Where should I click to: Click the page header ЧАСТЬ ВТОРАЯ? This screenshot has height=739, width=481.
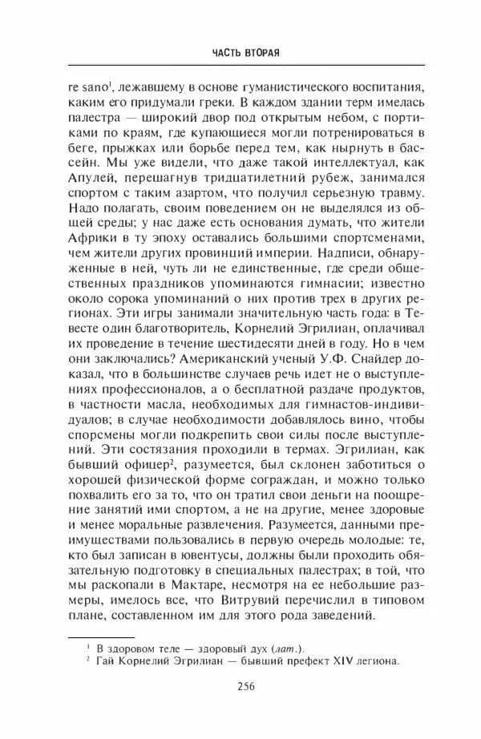pyautogui.click(x=240, y=53)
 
